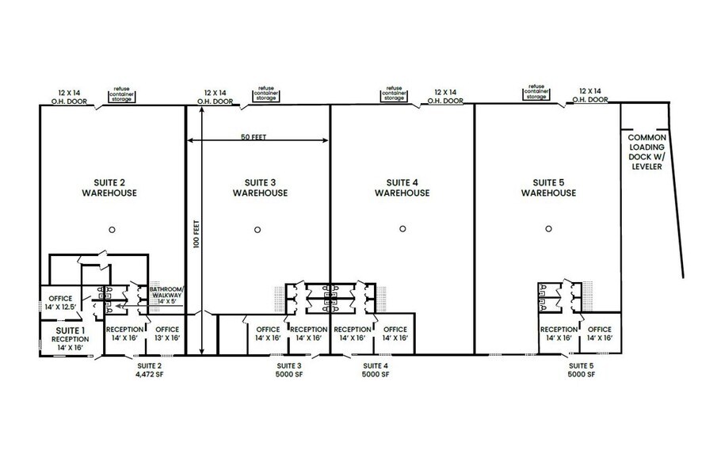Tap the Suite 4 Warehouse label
[x=402, y=187]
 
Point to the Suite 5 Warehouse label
[x=548, y=187]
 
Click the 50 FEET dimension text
[x=254, y=136]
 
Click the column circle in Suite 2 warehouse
[x=113, y=229]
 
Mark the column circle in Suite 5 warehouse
[x=548, y=229]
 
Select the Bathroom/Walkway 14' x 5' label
[x=167, y=295]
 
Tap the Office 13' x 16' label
[x=167, y=334]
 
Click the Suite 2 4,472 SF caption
[x=149, y=370]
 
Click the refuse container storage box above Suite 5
[x=536, y=92]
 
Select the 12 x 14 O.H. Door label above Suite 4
[x=444, y=96]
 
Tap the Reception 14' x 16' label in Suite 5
[x=559, y=334]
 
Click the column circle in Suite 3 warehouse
[x=257, y=230]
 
